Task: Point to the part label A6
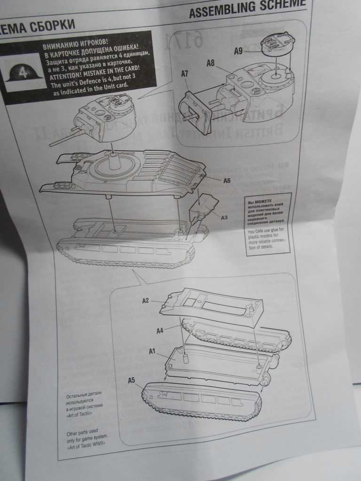227,180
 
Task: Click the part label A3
224,217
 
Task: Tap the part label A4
160,331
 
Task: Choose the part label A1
152,351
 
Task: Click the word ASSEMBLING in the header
221,11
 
